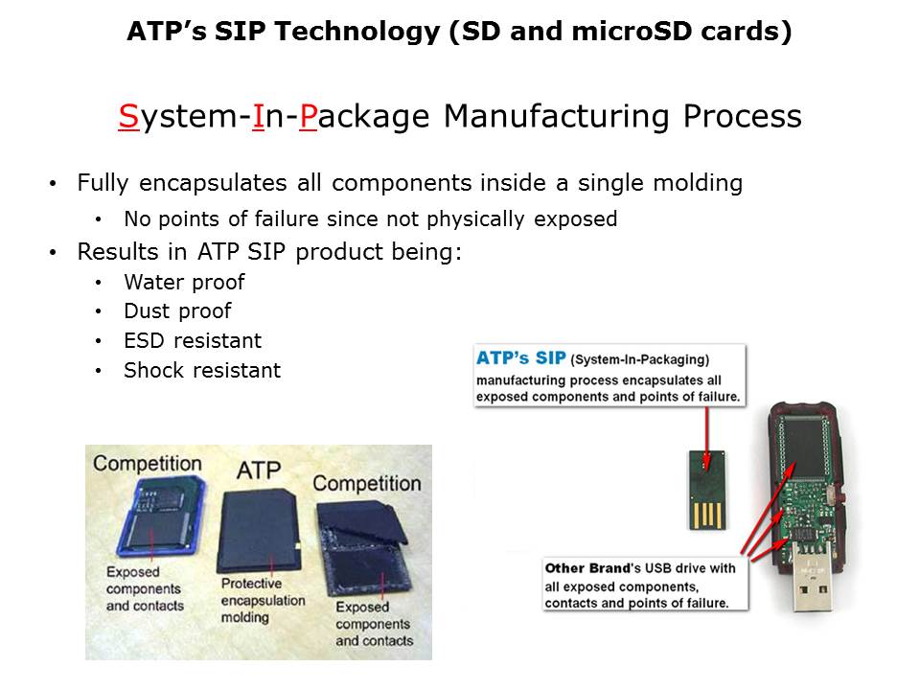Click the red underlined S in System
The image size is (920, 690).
[127, 116]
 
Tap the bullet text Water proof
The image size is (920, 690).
[184, 282]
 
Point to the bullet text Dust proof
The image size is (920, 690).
[177, 310]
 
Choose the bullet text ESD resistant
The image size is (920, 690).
[193, 340]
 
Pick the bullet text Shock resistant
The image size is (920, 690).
[202, 370]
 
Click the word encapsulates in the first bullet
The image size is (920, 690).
[213, 184]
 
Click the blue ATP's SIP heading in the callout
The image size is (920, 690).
[520, 357]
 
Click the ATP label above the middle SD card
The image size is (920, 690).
[259, 470]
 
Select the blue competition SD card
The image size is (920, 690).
[161, 517]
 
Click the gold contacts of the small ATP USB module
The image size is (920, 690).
[707, 515]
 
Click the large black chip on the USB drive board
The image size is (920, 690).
[804, 446]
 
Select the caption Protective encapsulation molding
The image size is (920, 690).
[263, 600]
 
